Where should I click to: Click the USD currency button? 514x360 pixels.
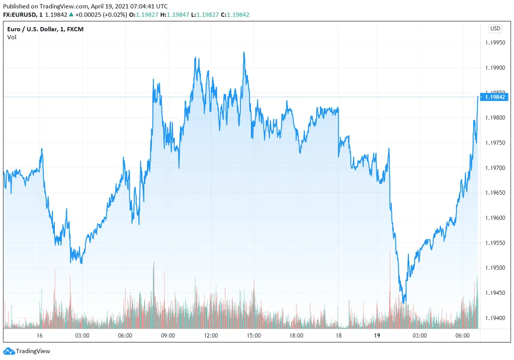click(x=495, y=29)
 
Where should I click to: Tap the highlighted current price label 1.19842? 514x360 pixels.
click(x=495, y=97)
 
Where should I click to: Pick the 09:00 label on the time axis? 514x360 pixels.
click(x=167, y=336)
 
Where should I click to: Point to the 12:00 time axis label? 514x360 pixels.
click(x=211, y=336)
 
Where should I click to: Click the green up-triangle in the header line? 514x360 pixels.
click(x=71, y=15)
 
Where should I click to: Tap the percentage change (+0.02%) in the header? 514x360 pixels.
click(x=113, y=15)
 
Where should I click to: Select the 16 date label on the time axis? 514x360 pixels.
click(x=39, y=336)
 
